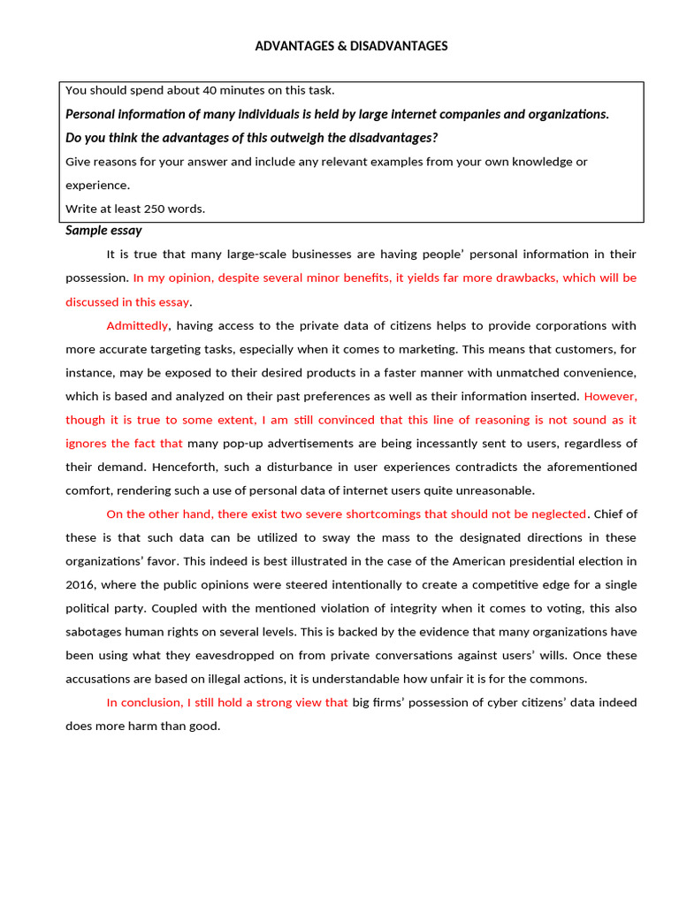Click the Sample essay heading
coord(103,231)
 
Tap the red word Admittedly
coord(137,325)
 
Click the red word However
coord(610,396)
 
